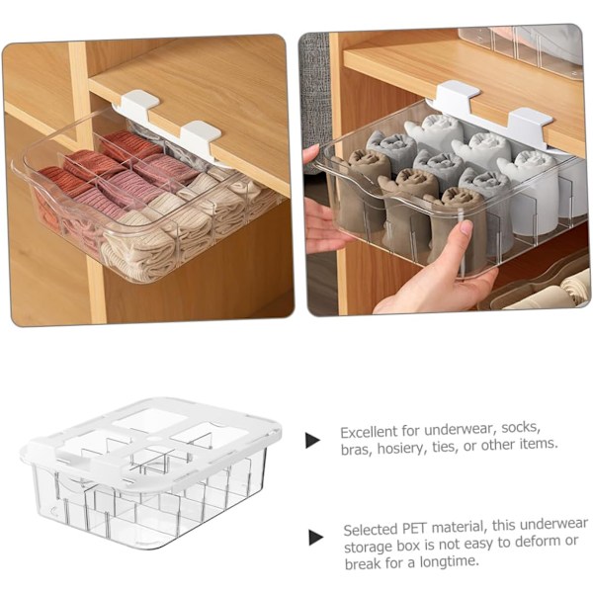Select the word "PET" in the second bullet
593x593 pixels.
point(414,528)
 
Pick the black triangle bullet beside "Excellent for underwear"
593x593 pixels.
point(312,440)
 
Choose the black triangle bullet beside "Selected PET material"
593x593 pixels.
point(316,538)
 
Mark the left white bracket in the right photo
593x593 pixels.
point(458,94)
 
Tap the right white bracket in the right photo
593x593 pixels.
point(530,125)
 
